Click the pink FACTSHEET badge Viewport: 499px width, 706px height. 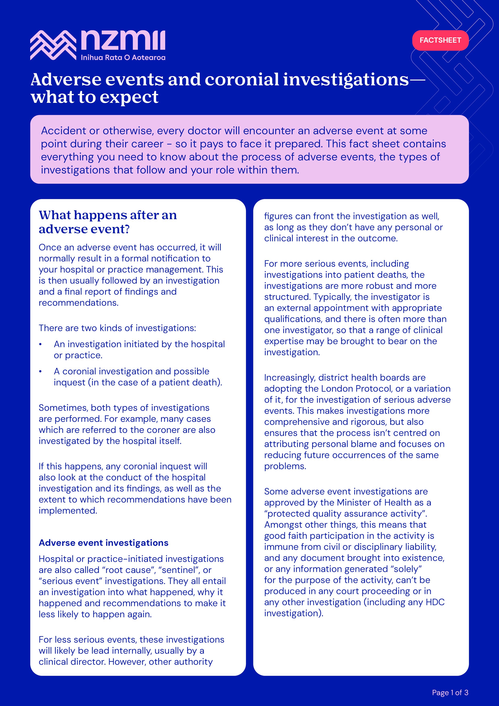point(440,40)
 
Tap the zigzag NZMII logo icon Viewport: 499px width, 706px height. point(53,45)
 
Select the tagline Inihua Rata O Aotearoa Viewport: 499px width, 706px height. point(123,58)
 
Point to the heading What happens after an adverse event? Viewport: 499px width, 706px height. point(108,222)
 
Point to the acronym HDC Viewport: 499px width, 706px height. point(435,602)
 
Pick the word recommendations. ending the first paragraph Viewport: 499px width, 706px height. point(78,303)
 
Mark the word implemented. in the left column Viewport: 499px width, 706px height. point(68,511)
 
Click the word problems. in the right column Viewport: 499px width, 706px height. point(285,466)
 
